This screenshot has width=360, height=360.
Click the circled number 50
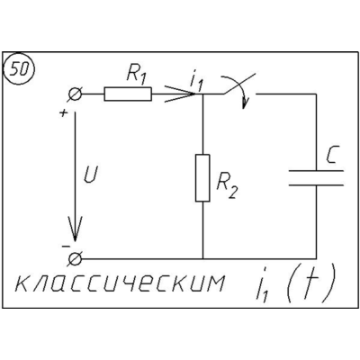(19, 70)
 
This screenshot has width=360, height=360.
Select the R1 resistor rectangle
(128, 94)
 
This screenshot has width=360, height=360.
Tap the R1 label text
(136, 74)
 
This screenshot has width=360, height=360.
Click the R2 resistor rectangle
(202, 178)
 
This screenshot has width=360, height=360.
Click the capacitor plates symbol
(316, 178)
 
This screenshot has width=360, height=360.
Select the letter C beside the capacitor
(331, 156)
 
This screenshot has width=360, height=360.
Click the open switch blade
(239, 83)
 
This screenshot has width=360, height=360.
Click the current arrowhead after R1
(180, 94)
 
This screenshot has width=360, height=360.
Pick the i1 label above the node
(196, 81)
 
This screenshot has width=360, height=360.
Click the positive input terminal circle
(75, 94)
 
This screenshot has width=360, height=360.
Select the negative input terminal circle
(75, 258)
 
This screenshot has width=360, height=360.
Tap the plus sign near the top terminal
(64, 113)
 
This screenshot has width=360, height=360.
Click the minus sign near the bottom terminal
(66, 247)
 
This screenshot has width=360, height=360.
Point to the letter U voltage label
(90, 174)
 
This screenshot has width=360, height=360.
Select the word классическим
(120, 283)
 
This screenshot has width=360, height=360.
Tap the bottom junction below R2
(202, 258)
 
